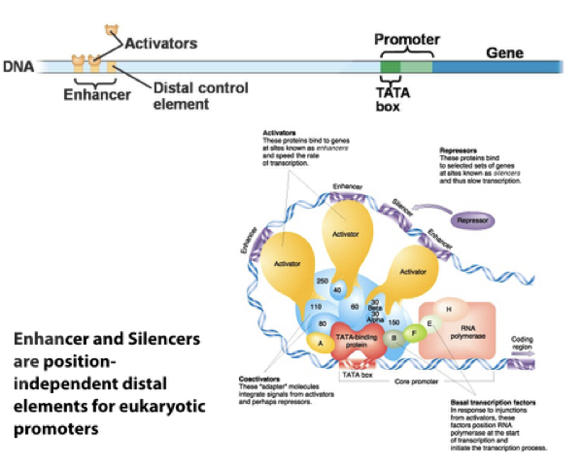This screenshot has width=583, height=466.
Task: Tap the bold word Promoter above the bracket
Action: point(407,40)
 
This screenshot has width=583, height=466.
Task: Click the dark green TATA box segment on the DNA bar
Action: point(390,67)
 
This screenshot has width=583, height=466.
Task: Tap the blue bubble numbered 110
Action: point(316,307)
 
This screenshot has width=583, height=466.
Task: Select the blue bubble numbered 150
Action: point(394,321)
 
